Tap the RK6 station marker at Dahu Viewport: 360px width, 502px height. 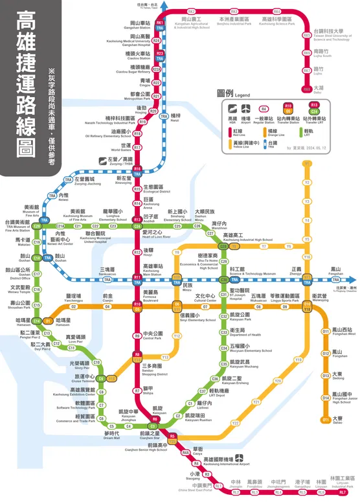coord(306,88)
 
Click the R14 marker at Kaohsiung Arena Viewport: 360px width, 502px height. coord(137,203)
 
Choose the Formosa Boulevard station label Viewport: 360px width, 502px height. coord(152,295)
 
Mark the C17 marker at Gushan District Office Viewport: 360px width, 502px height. coord(37,274)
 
